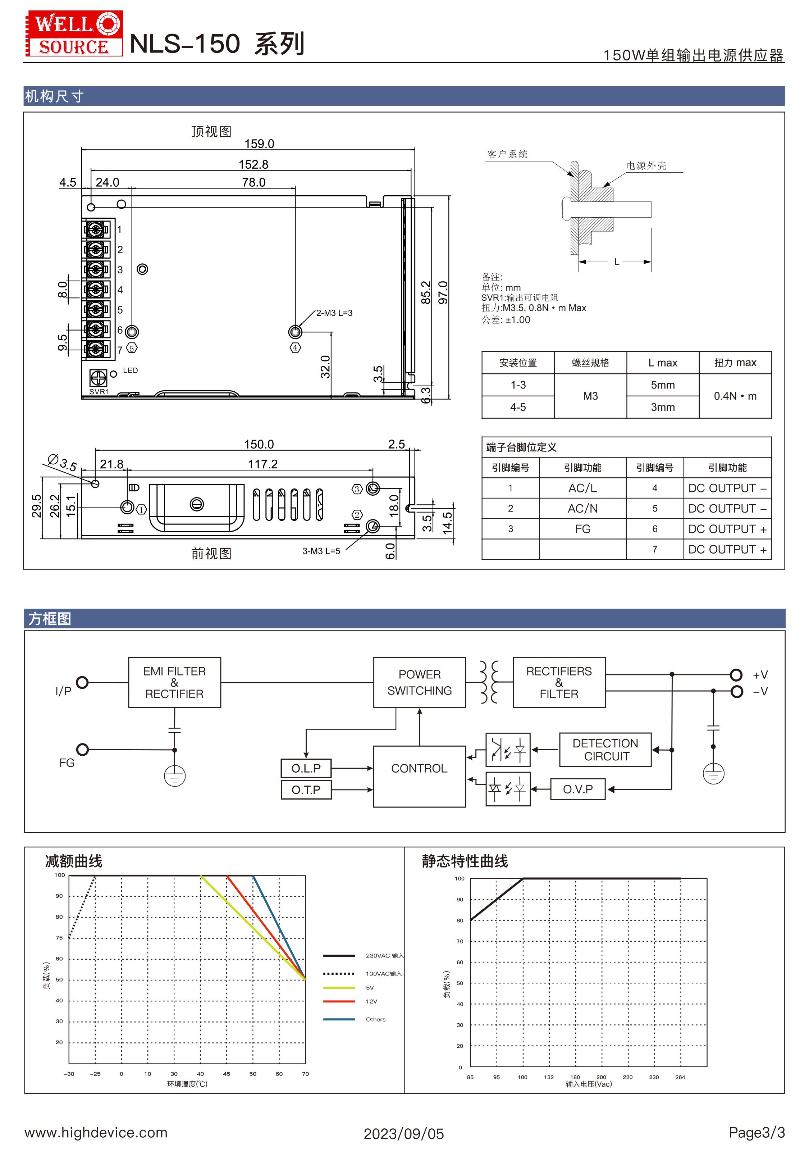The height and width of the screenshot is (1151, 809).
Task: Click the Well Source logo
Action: click(74, 33)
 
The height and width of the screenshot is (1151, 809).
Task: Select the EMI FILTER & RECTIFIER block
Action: click(174, 682)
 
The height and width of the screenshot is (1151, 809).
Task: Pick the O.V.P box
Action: click(577, 789)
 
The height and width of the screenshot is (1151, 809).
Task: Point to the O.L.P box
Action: click(306, 768)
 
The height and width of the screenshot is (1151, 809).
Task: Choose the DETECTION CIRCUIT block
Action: click(605, 750)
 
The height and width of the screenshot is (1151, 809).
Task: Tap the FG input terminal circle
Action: click(83, 750)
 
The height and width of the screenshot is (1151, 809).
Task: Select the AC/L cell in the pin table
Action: click(582, 488)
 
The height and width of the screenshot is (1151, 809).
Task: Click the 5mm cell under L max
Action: click(663, 385)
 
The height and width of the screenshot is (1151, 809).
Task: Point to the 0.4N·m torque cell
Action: click(735, 396)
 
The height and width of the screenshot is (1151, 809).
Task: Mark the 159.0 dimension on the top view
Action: click(259, 144)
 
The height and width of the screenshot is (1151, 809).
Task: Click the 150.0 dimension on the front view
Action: click(259, 444)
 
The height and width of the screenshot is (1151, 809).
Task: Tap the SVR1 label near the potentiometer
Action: click(99, 392)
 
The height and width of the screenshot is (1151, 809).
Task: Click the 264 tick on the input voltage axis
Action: click(680, 1077)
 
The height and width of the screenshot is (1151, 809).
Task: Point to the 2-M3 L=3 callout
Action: click(334, 313)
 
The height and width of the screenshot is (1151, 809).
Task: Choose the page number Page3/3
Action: click(757, 1132)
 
